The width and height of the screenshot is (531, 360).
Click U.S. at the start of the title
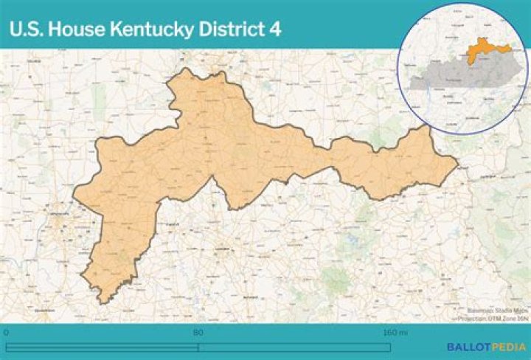[x=27, y=29]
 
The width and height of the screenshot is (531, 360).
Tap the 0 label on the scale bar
[x=6, y=333]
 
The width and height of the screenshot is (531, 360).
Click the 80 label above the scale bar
[x=198, y=333]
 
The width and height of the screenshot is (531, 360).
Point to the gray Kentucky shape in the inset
[x=457, y=74]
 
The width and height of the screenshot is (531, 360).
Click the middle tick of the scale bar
[x=198, y=347]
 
